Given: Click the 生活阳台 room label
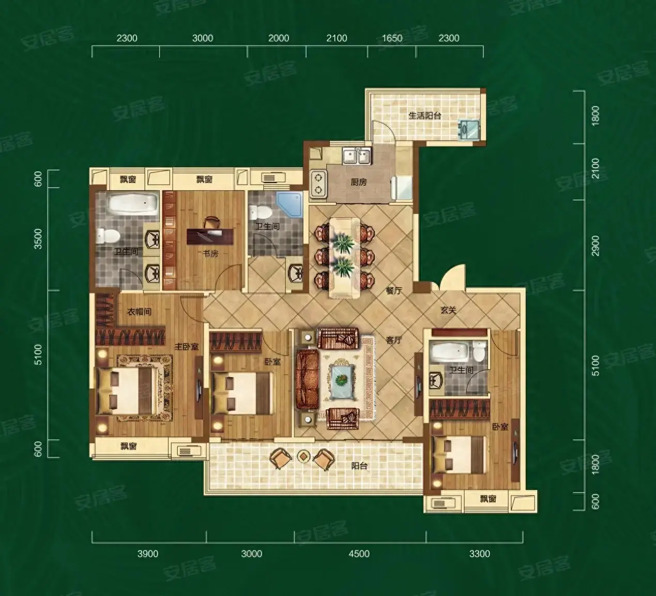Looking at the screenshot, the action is point(425,115).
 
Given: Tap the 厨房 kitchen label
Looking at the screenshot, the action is point(359,182).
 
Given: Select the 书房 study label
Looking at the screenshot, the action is point(210,254).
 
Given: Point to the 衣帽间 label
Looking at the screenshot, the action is point(139,311).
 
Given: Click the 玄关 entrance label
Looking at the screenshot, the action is point(448,310).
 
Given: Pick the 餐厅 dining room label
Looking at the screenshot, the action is point(394,290).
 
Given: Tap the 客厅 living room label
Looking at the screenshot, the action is point(394,340).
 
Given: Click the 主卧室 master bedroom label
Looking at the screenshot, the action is point(187,346).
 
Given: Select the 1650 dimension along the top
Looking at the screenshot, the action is point(392,38).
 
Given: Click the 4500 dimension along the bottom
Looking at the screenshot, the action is point(359,554).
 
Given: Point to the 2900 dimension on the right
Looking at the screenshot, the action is point(596,245).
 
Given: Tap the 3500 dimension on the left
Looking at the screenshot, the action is point(39,239).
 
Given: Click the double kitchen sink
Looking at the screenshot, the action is point(357,156).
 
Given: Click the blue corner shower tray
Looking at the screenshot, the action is point(289,204).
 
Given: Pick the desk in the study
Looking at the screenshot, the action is point(210,235).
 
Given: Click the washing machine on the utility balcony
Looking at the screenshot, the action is point(469,130).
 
